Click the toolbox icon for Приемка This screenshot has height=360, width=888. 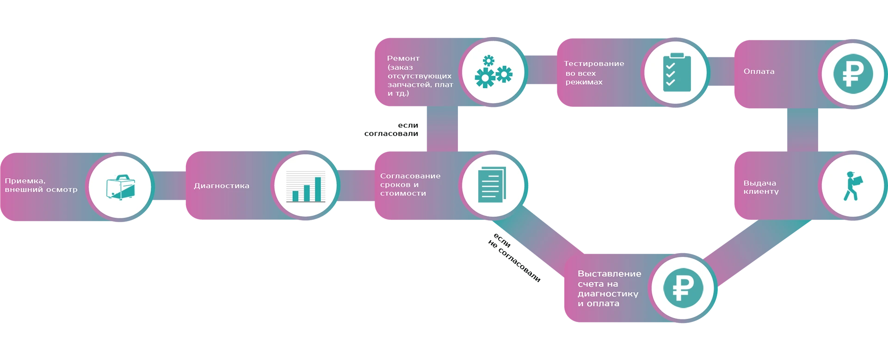(120, 187)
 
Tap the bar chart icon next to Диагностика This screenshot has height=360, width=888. (306, 186)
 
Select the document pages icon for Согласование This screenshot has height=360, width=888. (491, 185)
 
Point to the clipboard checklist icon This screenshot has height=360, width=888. (677, 73)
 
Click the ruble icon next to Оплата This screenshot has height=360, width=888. (853, 74)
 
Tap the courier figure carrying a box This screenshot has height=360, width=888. (852, 186)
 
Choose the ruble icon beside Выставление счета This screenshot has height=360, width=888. (683, 288)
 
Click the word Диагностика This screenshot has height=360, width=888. (221, 186)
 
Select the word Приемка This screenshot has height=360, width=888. (25, 181)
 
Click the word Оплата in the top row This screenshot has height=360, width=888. (758, 71)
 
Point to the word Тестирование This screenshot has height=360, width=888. (594, 63)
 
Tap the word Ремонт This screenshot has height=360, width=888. (403, 58)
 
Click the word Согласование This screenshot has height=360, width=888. (410, 176)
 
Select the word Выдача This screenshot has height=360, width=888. (759, 183)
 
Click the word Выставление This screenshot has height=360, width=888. (609, 273)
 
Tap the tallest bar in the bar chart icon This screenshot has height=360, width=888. (318, 189)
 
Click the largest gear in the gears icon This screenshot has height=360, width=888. (485, 78)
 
